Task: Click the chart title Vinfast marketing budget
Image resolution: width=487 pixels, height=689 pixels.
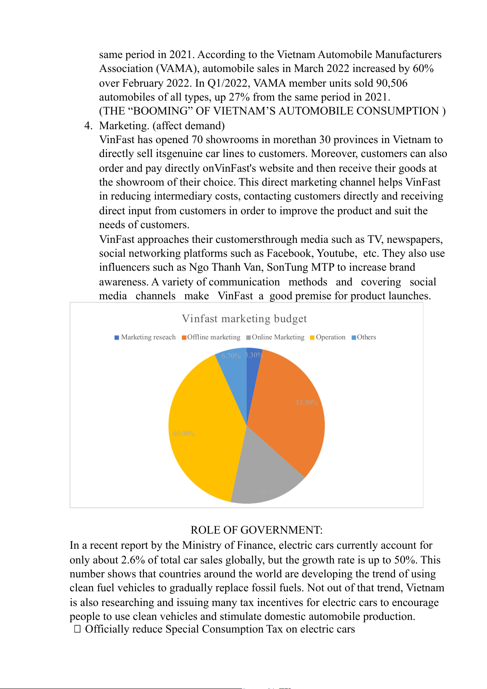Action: pyautogui.click(x=244, y=319)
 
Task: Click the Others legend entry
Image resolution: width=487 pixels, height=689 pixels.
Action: pyautogui.click(x=364, y=337)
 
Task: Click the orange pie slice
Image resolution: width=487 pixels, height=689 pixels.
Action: pyautogui.click(x=286, y=409)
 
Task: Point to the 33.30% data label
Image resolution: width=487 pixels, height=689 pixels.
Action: pyautogui.click(x=306, y=402)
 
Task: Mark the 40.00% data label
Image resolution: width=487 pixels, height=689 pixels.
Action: pyautogui.click(x=184, y=433)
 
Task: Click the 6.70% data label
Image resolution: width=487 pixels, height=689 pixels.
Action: pyautogui.click(x=231, y=356)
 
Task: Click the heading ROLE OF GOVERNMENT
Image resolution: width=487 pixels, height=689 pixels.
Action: pyautogui.click(x=256, y=530)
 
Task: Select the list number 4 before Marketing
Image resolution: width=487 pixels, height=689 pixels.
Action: pyautogui.click(x=88, y=126)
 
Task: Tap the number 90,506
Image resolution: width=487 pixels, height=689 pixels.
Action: pyautogui.click(x=392, y=83)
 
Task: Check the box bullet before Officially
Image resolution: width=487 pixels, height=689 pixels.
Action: pyautogui.click(x=77, y=629)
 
